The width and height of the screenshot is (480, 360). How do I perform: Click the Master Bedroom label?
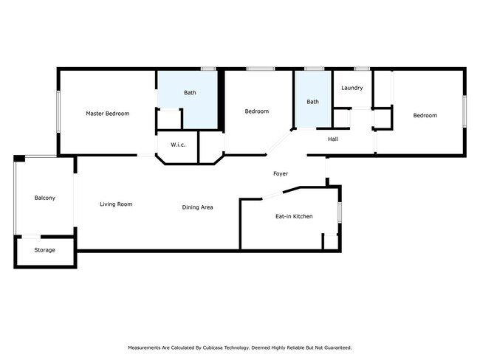coord(107,114)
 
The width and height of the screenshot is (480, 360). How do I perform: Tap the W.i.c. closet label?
coord(178,145)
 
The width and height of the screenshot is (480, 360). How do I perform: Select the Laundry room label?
coord(352,88)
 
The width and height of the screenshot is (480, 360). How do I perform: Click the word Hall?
coord(333,138)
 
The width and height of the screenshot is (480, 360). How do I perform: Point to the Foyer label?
coord(281,174)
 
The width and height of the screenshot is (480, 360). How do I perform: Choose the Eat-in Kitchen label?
coord(294,216)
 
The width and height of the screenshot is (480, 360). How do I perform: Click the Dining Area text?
coord(197,207)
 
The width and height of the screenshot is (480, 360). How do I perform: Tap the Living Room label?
coord(116,204)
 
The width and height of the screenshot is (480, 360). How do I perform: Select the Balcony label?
coord(44,198)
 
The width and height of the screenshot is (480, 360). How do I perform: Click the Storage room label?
coord(44,250)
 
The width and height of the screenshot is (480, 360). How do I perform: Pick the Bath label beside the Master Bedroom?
coord(190,93)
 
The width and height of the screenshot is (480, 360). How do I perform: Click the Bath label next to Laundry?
coord(313,102)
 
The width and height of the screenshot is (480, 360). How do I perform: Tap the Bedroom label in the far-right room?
coord(425,115)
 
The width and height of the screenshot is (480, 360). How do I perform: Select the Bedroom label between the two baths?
coord(256,111)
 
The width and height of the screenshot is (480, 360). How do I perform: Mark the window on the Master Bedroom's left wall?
coord(58,112)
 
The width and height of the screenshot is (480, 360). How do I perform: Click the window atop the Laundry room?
coord(361,69)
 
